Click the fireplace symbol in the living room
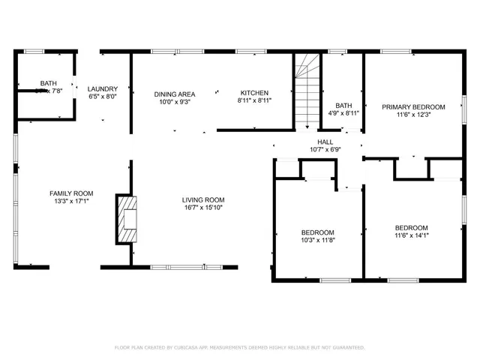126,218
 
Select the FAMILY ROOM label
71,193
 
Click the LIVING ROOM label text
202,199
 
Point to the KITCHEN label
254,94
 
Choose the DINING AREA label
175,94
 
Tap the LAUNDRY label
103,88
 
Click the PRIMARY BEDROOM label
413,107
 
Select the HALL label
325,141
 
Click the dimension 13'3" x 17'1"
71,201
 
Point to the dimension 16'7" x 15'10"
202,208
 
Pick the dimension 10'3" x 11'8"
319,241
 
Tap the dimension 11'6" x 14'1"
412,235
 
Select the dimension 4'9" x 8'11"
343,113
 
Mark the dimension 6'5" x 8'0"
103,96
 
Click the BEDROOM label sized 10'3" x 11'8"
319,232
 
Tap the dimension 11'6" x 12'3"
413,115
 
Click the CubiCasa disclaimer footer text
239,348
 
